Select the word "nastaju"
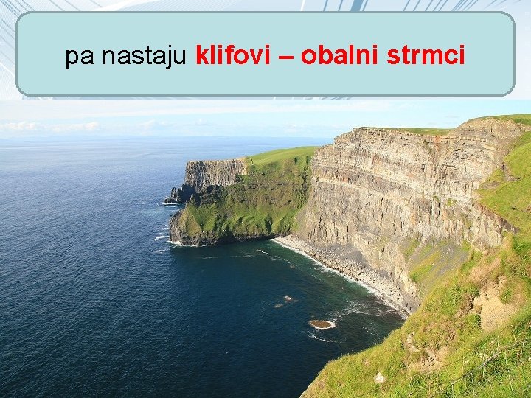[x=145, y=55]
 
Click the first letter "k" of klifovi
[x=202, y=55]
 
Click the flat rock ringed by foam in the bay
[x=322, y=324]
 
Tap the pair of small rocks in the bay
[x=285, y=300]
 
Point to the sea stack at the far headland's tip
[x=174, y=193]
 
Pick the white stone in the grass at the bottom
[x=379, y=378]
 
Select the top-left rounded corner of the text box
[x=22, y=18]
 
